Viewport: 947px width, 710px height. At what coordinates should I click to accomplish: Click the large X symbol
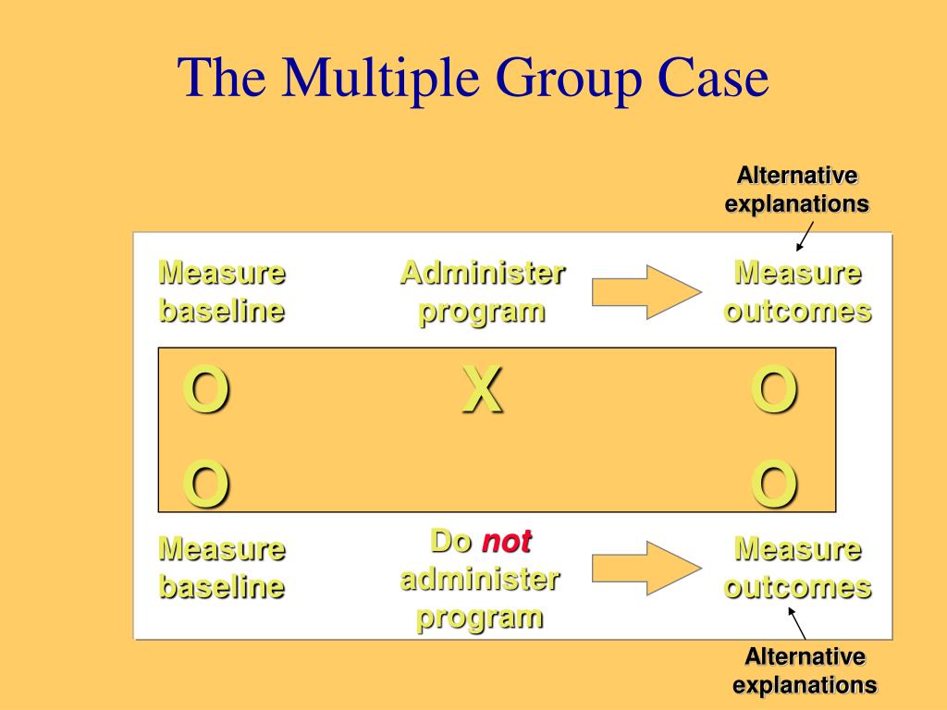pyautogui.click(x=483, y=391)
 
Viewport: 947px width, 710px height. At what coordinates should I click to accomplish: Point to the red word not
pyautogui.click(x=506, y=542)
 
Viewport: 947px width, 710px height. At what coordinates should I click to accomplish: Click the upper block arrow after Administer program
pyautogui.click(x=646, y=292)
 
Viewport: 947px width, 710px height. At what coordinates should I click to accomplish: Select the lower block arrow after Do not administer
pyautogui.click(x=646, y=568)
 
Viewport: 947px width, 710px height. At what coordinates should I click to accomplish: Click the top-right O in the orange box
pyautogui.click(x=774, y=391)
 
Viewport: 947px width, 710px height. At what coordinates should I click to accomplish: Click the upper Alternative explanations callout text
pyautogui.click(x=796, y=190)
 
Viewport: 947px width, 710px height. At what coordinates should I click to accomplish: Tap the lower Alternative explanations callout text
pyautogui.click(x=805, y=671)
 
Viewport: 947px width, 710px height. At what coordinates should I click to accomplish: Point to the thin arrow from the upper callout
pyautogui.click(x=805, y=236)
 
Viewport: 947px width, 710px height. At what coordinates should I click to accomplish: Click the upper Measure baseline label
pyautogui.click(x=221, y=292)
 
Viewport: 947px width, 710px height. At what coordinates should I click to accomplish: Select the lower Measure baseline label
pyautogui.click(x=221, y=568)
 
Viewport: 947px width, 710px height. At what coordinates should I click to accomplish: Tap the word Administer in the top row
pyautogui.click(x=482, y=274)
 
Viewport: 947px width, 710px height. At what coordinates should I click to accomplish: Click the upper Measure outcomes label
pyautogui.click(x=797, y=292)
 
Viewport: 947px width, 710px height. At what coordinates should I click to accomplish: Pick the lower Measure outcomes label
pyautogui.click(x=797, y=568)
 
